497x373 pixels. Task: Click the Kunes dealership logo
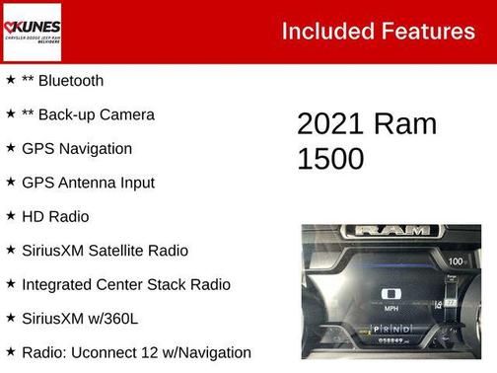pyautogui.click(x=32, y=31)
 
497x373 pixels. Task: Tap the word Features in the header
pyautogui.click(x=427, y=31)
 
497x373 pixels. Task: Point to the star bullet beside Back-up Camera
pyautogui.click(x=10, y=114)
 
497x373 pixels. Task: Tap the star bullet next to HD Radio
pyautogui.click(x=10, y=216)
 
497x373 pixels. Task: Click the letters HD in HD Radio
pyautogui.click(x=32, y=216)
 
